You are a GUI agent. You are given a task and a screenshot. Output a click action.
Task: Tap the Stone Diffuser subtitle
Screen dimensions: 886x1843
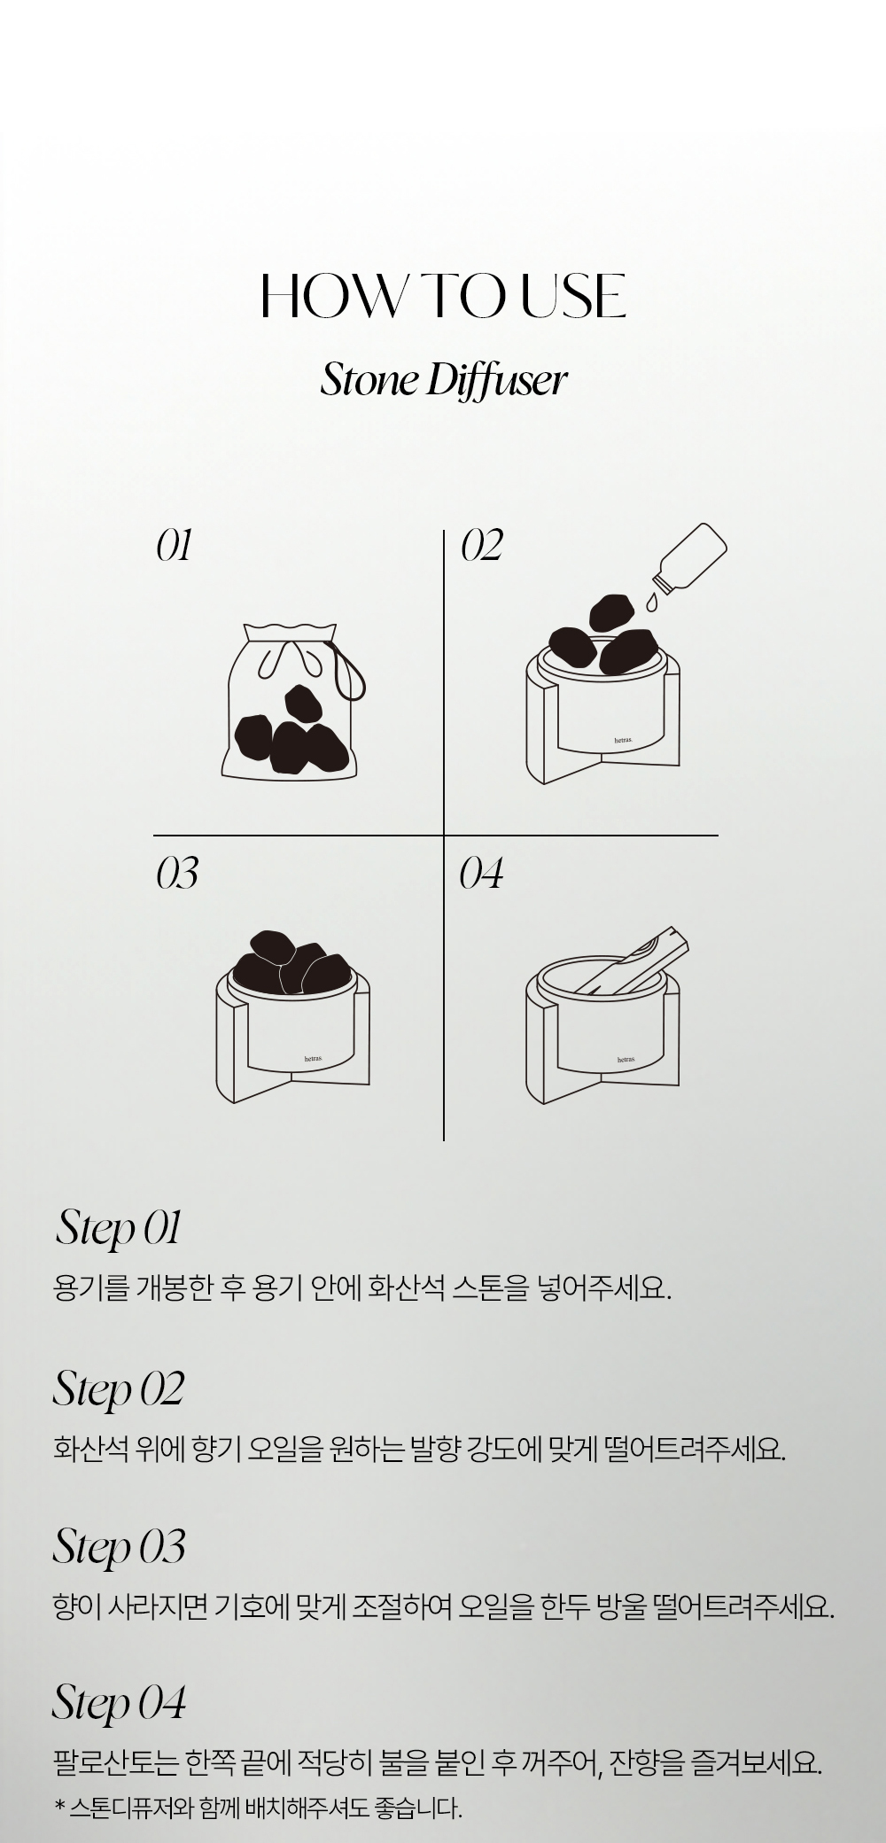(443, 381)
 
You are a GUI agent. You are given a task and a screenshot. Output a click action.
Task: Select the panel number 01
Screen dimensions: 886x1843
(175, 546)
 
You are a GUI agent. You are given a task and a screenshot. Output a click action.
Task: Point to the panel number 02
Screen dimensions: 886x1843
(481, 546)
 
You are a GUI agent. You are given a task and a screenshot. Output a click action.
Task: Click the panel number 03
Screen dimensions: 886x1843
(177, 874)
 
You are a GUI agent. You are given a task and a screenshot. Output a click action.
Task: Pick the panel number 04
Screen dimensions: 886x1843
(481, 874)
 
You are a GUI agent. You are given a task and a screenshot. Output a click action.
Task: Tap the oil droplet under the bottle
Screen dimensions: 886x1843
(653, 603)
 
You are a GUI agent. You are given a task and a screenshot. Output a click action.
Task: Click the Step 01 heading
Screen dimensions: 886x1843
(119, 1230)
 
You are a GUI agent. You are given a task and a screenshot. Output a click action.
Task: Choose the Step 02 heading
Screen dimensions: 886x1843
(119, 1389)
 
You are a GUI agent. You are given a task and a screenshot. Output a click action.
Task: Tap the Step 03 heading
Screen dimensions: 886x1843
(119, 1547)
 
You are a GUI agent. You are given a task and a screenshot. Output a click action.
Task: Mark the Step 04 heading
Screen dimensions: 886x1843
(119, 1703)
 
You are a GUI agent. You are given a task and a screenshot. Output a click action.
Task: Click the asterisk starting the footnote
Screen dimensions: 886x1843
(59, 1806)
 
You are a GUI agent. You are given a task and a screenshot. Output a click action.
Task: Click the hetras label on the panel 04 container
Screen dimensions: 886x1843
(626, 1060)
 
